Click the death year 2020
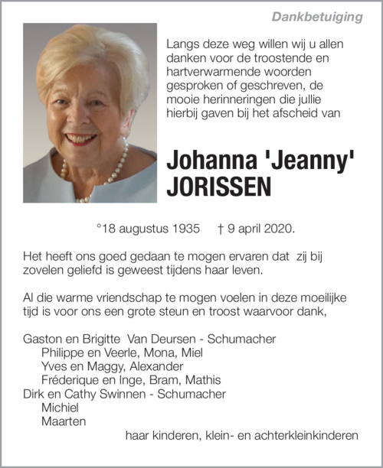277,229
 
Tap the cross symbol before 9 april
220,229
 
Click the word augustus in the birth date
143,229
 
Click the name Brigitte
107,339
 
